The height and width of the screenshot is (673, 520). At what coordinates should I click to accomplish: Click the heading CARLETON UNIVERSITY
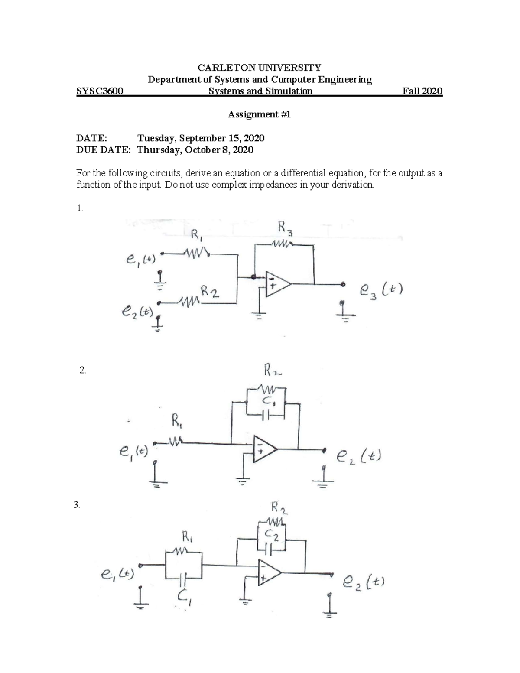(259, 68)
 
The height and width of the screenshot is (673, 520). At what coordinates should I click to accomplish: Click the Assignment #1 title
(259, 114)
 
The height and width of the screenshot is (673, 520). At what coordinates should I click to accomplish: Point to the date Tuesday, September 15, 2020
(201, 138)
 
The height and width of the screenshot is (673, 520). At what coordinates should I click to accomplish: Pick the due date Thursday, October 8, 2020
(195, 150)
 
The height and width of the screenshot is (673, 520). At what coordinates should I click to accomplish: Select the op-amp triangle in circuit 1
(276, 284)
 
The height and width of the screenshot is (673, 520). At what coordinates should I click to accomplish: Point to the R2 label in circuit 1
(210, 292)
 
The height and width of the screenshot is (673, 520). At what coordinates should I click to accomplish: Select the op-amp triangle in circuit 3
(269, 572)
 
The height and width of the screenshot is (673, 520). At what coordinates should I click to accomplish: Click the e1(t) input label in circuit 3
(117, 574)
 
